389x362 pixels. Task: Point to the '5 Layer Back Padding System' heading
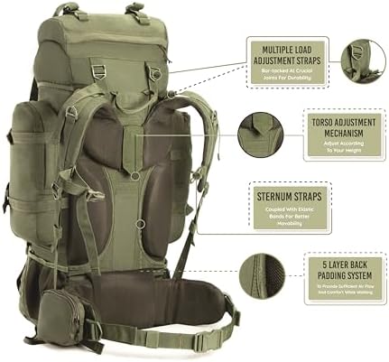click(x=334, y=267)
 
